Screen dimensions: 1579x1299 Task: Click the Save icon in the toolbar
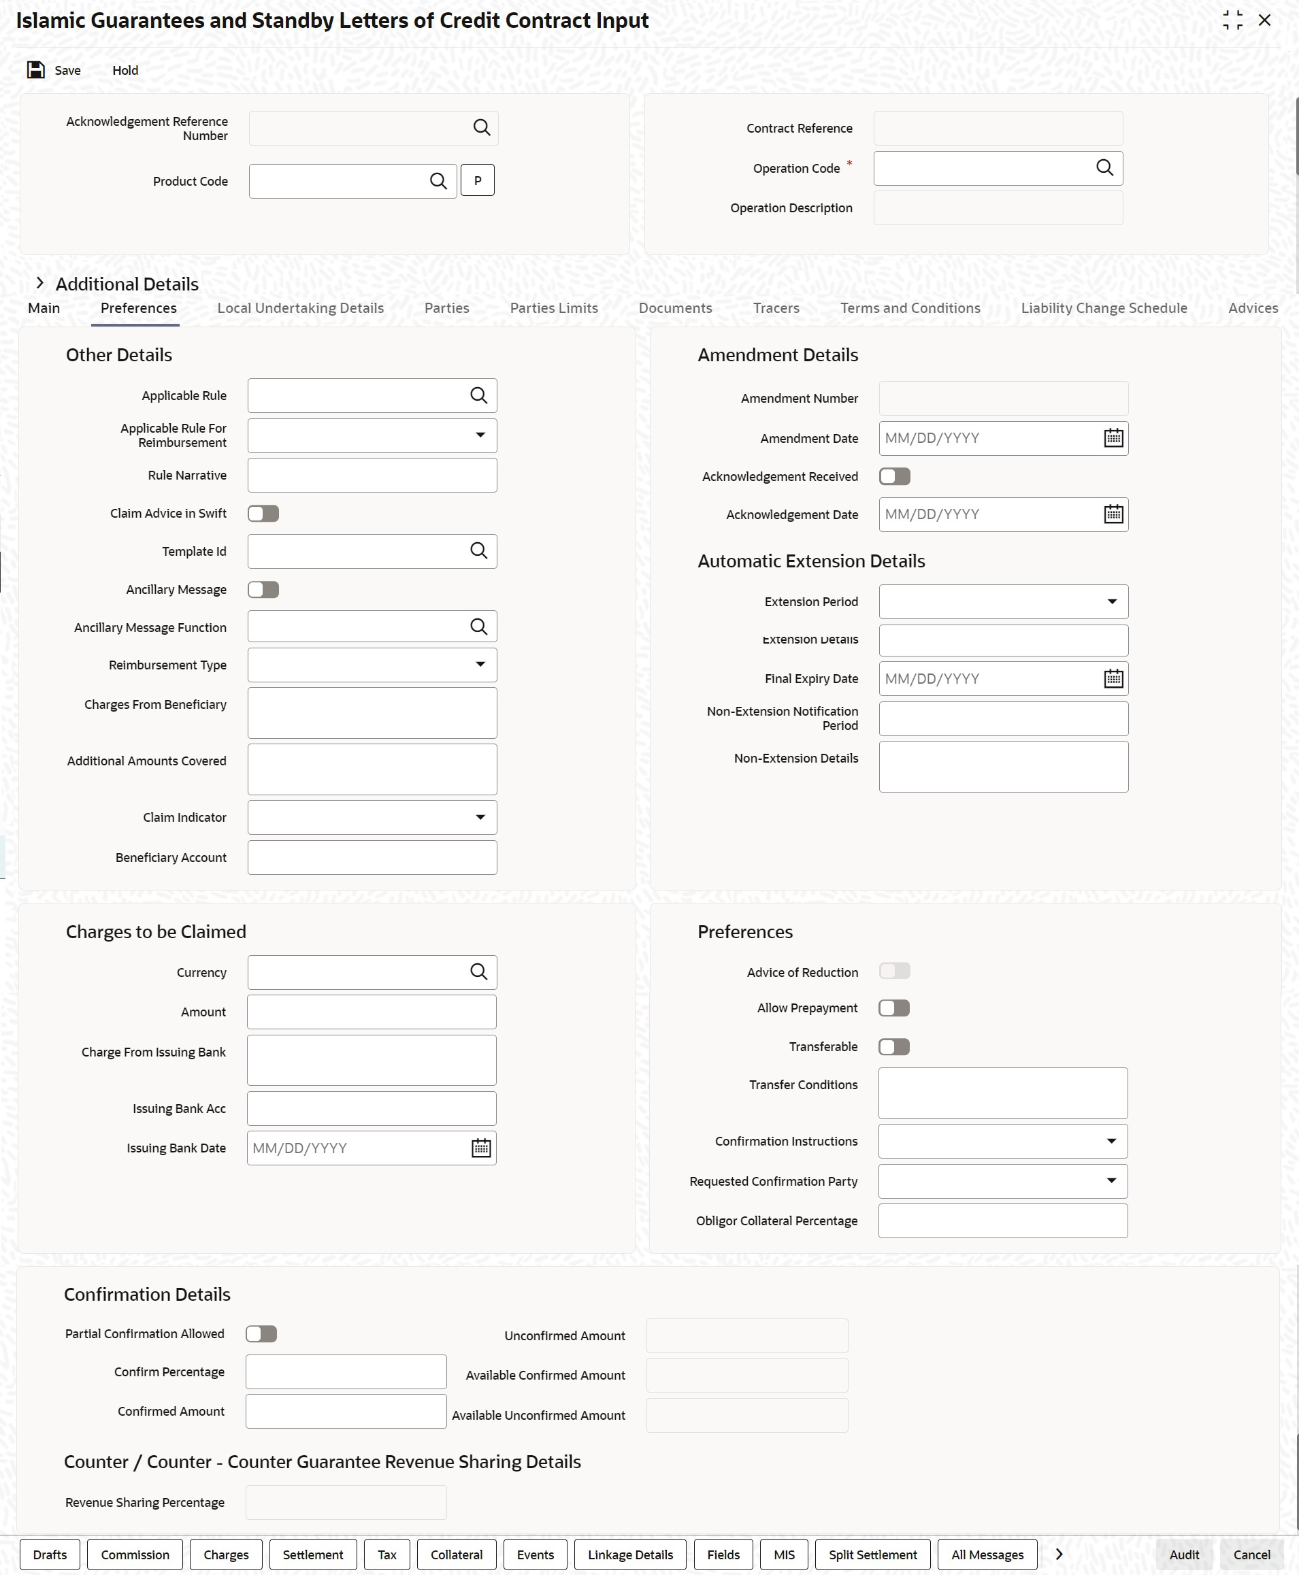(36, 70)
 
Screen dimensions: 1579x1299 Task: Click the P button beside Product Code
(478, 180)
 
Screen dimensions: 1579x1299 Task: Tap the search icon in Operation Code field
(1104, 167)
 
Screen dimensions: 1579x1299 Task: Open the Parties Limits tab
(554, 308)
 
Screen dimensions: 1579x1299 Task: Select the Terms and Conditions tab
(910, 308)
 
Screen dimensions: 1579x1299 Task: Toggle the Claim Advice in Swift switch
(263, 514)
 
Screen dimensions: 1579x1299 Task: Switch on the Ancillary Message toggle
(263, 590)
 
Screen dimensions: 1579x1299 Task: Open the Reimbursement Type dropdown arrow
(480, 665)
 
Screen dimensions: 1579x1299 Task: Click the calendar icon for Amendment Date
(1113, 438)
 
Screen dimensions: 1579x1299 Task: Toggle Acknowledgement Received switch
(894, 477)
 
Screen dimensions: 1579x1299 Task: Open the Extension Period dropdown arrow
(1112, 602)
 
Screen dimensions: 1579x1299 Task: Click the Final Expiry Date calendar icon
(1113, 679)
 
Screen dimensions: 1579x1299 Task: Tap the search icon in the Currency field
(479, 972)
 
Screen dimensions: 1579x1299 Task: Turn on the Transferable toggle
(894, 1047)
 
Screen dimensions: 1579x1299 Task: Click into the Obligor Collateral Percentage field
(1003, 1221)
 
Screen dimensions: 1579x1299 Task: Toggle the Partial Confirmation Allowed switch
(261, 1334)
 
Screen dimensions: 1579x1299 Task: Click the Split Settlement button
(872, 1555)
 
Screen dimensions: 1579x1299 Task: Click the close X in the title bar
(1264, 21)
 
